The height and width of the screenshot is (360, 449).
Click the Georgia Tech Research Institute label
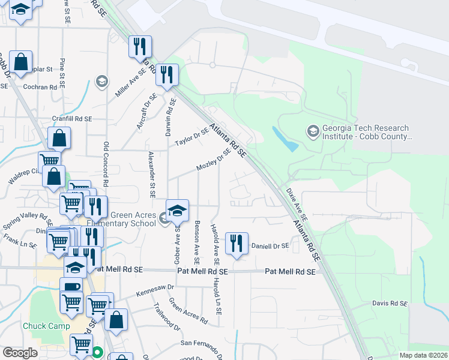coord(366,132)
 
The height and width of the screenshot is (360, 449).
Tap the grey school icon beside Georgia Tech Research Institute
coord(312,130)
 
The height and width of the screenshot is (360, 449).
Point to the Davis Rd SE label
coord(390,304)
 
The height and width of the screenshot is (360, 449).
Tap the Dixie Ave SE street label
coord(296,203)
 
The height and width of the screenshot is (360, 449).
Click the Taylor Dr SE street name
coord(191,137)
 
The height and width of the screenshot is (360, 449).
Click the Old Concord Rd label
coord(106,163)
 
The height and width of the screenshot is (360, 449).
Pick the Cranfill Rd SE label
coord(71,119)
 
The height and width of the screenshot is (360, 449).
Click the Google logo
coord(20,353)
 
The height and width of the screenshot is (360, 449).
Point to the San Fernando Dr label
coord(202,344)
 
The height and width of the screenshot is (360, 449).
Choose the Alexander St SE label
coord(152,174)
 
